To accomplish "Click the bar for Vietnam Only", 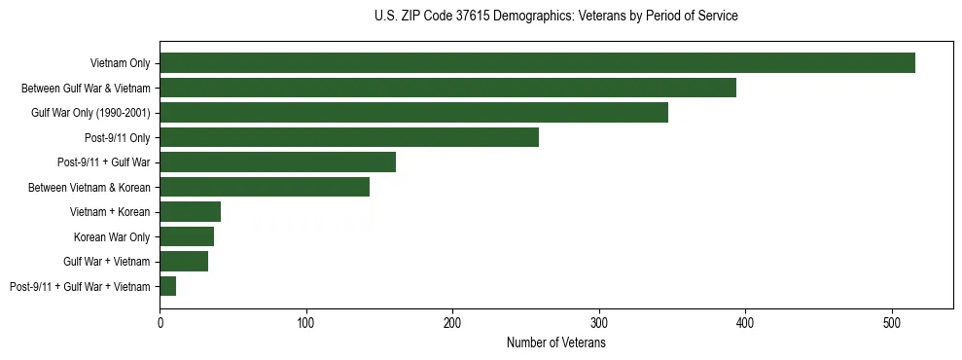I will pos(537,63).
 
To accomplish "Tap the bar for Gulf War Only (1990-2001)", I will pos(413,113).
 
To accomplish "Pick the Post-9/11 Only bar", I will pos(349,137).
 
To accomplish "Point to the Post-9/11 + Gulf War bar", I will pos(277,162).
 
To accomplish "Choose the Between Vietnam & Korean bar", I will pos(265,187).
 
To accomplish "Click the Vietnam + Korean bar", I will pos(190,212).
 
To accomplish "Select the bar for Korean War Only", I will pos(187,236).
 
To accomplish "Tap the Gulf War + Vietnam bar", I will pos(184,261).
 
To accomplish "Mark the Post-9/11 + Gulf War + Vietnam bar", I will pos(167,286).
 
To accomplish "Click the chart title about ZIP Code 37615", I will pos(555,17).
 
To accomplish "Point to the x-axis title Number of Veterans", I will pos(555,342).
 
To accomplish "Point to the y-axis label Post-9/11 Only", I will pos(118,138).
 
